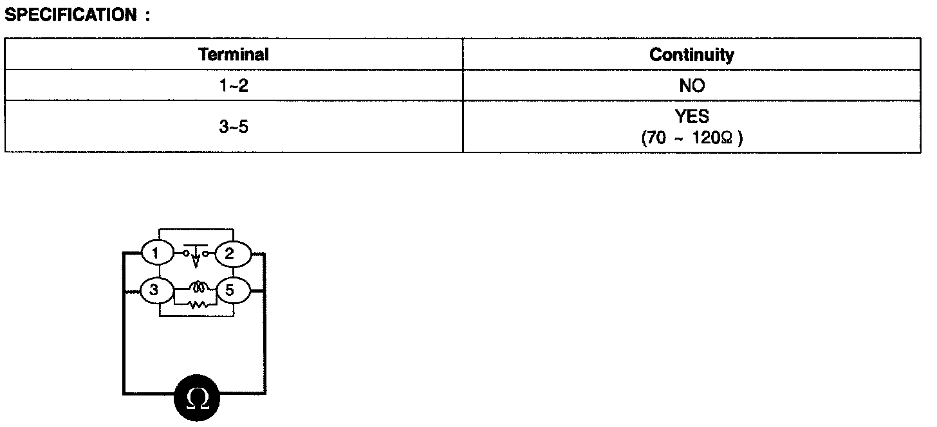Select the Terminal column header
coord(234,55)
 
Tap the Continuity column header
coord(691,55)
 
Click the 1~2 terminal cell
coord(234,86)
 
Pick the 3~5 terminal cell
coord(234,127)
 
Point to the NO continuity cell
coord(692,86)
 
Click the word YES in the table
coord(692,116)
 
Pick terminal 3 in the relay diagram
coord(154,291)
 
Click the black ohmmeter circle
coord(197,399)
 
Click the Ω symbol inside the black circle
coord(197,399)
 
